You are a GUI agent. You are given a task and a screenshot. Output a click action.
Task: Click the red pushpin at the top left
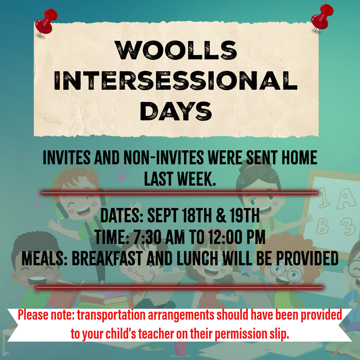pyautogui.click(x=46, y=22)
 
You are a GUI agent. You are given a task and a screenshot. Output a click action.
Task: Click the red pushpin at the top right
pyautogui.click(x=322, y=17)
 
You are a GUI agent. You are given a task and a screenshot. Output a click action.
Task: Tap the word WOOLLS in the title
pyautogui.click(x=176, y=50)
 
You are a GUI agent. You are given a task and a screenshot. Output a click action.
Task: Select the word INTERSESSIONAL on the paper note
pyautogui.click(x=176, y=81)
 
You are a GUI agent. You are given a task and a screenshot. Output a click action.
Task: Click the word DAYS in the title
pyautogui.click(x=176, y=111)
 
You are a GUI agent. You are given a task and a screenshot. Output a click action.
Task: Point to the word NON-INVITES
pyautogui.click(x=163, y=158)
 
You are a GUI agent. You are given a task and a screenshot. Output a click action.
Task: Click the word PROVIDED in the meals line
pyautogui.click(x=307, y=258)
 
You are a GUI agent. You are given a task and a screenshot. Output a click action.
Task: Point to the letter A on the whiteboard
pyautogui.click(x=346, y=199)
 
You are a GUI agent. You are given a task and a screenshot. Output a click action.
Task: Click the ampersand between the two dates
pyautogui.click(x=221, y=215)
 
